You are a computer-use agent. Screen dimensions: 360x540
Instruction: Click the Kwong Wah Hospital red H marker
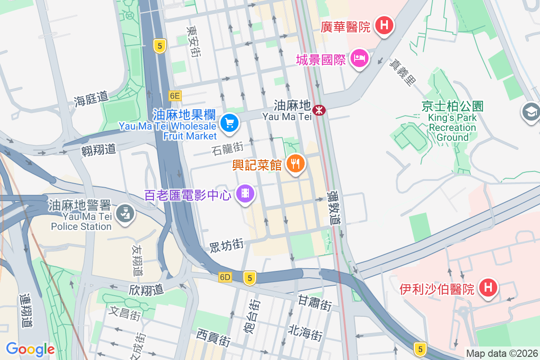point(383,25)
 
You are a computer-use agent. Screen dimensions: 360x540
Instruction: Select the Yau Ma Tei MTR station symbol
point(319,109)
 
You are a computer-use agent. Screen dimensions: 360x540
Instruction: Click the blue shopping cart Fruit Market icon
point(229,122)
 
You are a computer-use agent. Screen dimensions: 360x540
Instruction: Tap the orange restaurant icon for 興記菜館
point(295,163)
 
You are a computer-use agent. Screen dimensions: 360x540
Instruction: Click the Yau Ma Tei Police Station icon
point(124,213)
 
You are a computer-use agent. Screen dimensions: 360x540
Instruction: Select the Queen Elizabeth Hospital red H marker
point(487,287)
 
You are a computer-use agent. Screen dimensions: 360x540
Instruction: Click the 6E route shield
point(175,96)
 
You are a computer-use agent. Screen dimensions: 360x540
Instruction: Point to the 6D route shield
point(225,278)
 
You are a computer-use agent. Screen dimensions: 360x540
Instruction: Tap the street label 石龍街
point(227,148)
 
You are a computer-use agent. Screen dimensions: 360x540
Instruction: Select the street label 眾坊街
point(226,245)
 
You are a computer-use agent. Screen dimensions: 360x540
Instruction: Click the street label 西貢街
point(213,337)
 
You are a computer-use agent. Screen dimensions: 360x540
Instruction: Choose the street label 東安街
point(193,40)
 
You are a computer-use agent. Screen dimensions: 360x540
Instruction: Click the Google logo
point(30,349)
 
